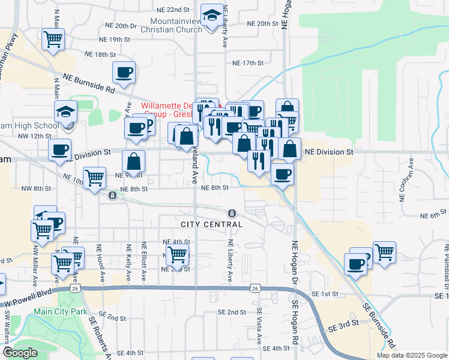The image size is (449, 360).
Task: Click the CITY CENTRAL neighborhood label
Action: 211,224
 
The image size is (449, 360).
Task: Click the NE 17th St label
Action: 248,63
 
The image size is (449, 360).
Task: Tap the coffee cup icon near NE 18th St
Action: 124,73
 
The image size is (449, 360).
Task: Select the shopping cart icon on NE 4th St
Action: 177,254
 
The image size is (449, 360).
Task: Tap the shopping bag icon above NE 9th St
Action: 134,161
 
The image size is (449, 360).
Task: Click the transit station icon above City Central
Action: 232,213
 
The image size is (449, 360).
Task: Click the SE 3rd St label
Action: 343,324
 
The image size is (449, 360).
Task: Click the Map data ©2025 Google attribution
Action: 411,355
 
